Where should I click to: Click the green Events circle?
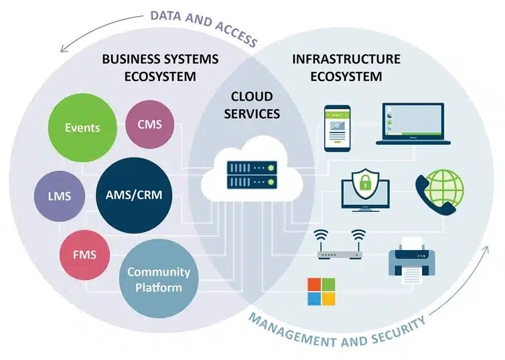(x=82, y=127)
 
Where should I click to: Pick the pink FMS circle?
(x=84, y=254)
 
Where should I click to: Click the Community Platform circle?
(x=159, y=280)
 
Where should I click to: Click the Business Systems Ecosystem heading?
(x=160, y=67)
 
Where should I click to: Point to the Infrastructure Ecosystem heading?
(x=346, y=67)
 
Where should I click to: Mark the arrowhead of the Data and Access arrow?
(x=61, y=48)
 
